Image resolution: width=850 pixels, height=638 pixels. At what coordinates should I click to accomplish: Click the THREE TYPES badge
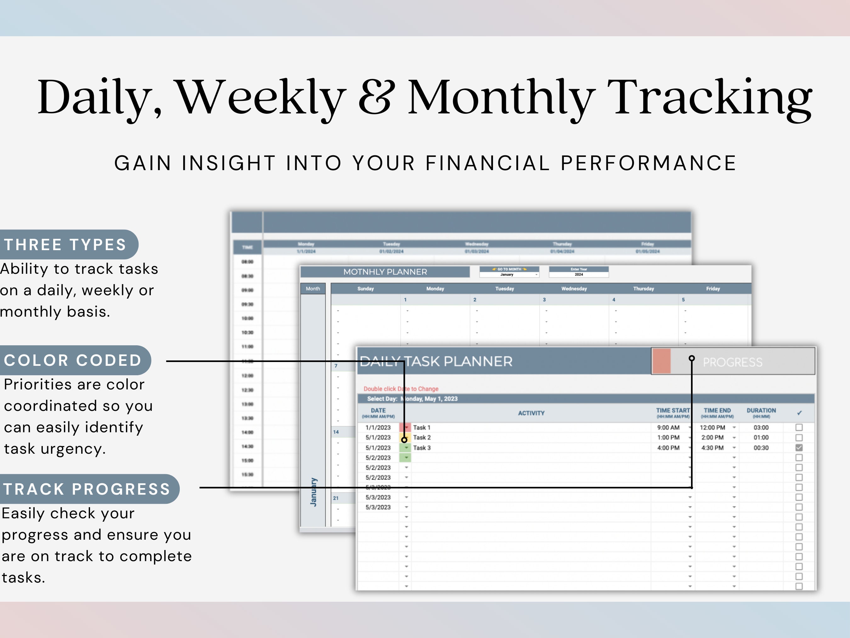tap(65, 244)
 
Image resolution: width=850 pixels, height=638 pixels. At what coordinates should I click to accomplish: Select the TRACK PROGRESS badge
tap(87, 489)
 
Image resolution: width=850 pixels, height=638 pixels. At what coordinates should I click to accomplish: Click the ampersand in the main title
tap(376, 97)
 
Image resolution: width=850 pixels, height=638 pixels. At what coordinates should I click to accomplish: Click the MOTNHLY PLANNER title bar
tap(385, 272)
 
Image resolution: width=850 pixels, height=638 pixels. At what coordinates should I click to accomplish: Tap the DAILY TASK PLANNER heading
tap(436, 361)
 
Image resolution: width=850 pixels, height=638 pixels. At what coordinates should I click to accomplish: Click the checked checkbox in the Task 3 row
tap(799, 448)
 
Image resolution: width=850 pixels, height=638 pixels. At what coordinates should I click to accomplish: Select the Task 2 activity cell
tap(422, 438)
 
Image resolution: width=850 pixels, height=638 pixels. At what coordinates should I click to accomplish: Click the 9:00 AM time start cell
tap(668, 428)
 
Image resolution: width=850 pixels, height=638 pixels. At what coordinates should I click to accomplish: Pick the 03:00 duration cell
tap(761, 428)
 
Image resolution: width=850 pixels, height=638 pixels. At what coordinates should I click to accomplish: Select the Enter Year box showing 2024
tap(579, 272)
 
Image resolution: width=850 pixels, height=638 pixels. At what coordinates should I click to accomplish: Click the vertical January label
tap(314, 492)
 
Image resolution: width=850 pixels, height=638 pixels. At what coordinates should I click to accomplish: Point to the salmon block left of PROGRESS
tap(662, 361)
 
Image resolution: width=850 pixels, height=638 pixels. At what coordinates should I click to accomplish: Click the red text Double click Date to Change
tap(401, 389)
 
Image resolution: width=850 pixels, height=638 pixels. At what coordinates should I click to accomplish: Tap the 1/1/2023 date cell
tap(378, 428)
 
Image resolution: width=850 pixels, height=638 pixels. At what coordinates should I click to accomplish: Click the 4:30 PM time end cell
tap(712, 448)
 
